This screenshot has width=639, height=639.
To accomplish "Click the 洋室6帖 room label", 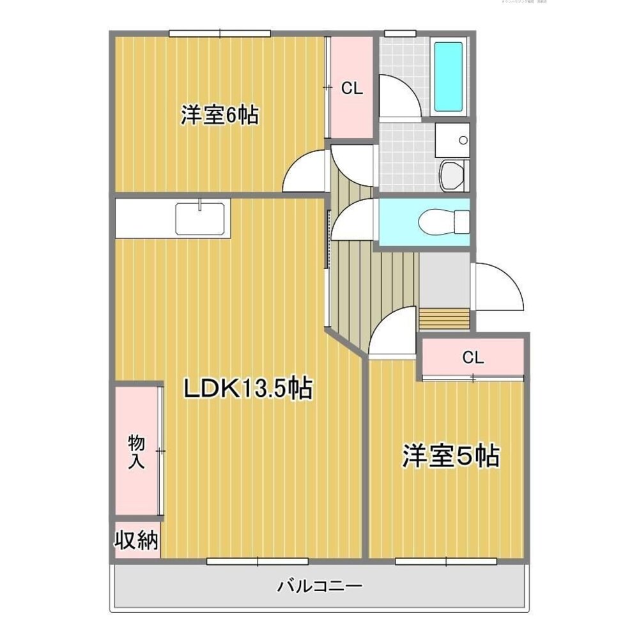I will [x=219, y=116].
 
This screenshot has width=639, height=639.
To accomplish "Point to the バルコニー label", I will [x=320, y=585].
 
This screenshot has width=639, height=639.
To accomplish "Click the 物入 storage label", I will [x=135, y=451].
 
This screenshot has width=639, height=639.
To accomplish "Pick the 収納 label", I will [x=136, y=541].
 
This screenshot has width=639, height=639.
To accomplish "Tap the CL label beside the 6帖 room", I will [x=351, y=89].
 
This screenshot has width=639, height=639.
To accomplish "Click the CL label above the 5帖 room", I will [x=473, y=358].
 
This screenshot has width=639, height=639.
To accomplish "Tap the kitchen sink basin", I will [x=201, y=218].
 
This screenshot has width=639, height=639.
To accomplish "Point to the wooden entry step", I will [x=446, y=318].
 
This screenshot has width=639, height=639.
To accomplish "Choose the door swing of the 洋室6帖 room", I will [x=305, y=171].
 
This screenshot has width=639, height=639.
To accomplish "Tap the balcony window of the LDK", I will [x=258, y=561].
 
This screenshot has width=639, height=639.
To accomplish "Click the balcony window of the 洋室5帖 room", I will [x=446, y=561].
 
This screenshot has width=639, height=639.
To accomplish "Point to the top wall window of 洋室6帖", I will [x=220, y=33].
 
